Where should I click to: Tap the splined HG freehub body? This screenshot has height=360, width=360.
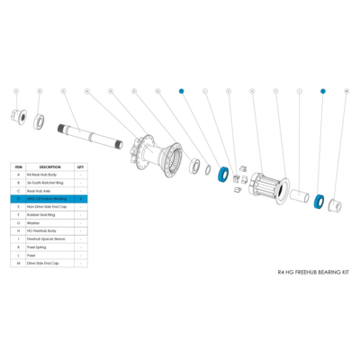[265, 186]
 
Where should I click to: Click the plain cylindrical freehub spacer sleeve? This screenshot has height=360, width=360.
[298, 193]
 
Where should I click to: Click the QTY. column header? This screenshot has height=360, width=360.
[81, 166]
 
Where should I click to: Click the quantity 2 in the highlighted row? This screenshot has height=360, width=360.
[81, 197]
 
